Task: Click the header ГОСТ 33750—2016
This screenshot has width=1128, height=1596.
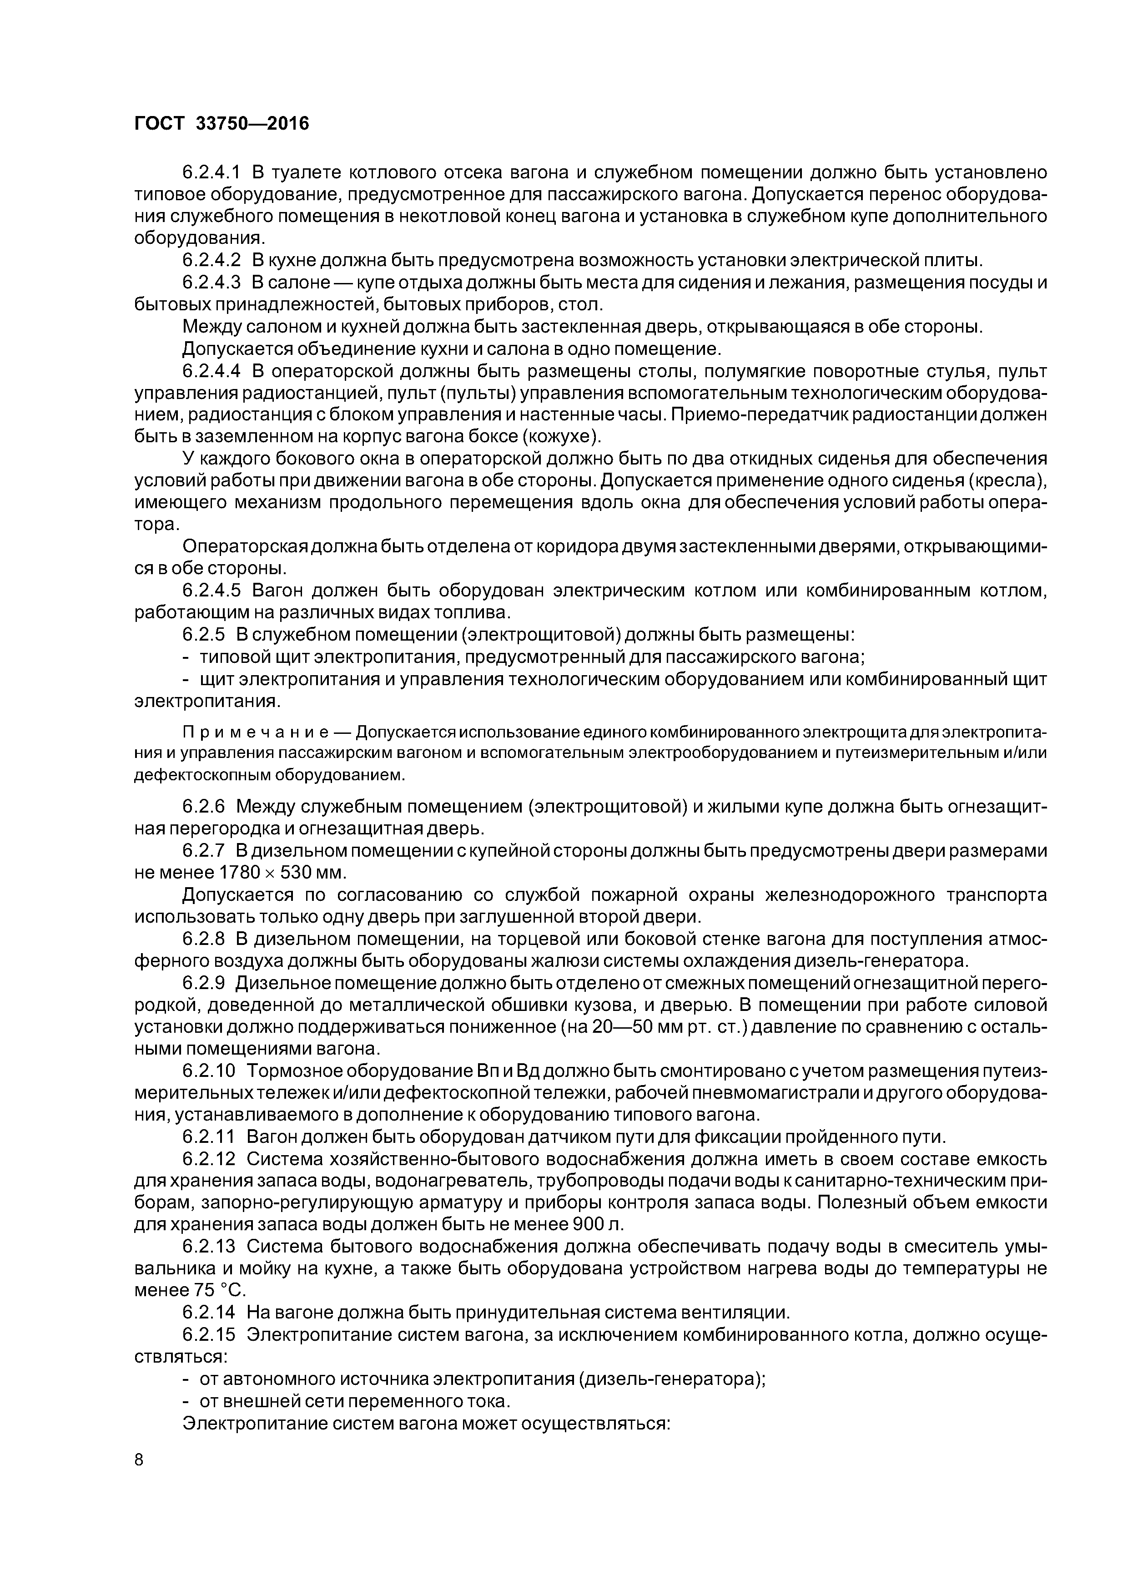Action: pyautogui.click(x=221, y=124)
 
